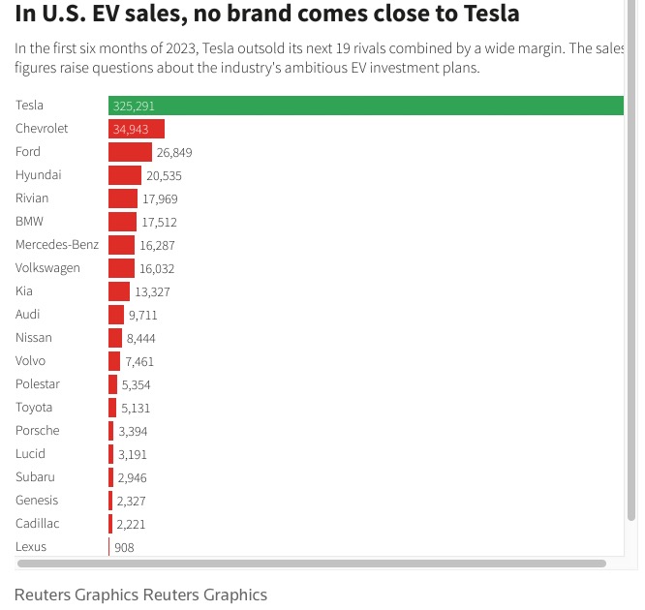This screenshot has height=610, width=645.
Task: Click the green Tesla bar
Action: (387, 106)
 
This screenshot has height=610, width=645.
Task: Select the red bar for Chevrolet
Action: (137, 129)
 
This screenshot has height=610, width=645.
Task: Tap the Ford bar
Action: (130, 152)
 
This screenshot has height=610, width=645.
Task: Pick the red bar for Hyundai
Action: (125, 175)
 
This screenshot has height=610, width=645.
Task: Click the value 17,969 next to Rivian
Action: (160, 198)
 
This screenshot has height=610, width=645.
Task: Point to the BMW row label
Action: (30, 221)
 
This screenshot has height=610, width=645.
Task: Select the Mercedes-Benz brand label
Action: (57, 244)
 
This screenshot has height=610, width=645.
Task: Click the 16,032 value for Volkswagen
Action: (157, 268)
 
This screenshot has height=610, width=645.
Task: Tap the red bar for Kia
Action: (119, 291)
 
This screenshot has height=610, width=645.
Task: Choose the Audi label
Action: (28, 314)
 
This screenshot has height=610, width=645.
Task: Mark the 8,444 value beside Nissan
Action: (140, 338)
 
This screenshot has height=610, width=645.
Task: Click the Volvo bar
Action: (114, 361)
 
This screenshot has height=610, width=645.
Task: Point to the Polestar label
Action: (38, 383)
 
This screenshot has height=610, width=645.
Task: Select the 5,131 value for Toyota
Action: (136, 408)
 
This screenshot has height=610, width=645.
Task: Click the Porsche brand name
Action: (38, 430)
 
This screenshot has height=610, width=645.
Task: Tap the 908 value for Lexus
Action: (124, 547)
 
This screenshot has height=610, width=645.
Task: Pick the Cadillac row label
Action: (38, 523)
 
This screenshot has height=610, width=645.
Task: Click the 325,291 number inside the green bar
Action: (134, 106)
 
